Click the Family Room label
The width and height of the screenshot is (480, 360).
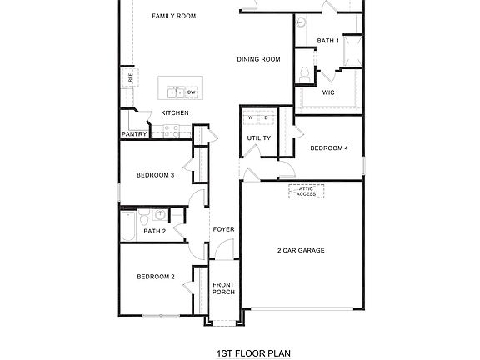click(x=174, y=16)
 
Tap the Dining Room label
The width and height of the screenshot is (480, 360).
click(x=258, y=59)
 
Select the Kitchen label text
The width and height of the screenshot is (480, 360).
click(x=175, y=113)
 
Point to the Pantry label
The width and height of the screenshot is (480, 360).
click(x=134, y=133)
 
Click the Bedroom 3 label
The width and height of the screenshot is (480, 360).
click(x=155, y=175)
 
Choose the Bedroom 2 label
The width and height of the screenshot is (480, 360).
click(x=155, y=277)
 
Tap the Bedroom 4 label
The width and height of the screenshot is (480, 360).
click(x=328, y=148)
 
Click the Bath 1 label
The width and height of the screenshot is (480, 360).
click(x=327, y=40)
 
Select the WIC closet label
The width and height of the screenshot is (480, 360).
click(x=328, y=93)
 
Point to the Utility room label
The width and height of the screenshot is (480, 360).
click(x=259, y=138)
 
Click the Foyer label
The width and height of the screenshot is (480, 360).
click(x=223, y=229)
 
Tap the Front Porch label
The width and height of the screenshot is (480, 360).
click(x=223, y=288)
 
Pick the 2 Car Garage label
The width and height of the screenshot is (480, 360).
click(x=301, y=250)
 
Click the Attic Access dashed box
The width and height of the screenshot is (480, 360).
click(x=306, y=192)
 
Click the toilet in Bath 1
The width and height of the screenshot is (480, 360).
click(x=305, y=75)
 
